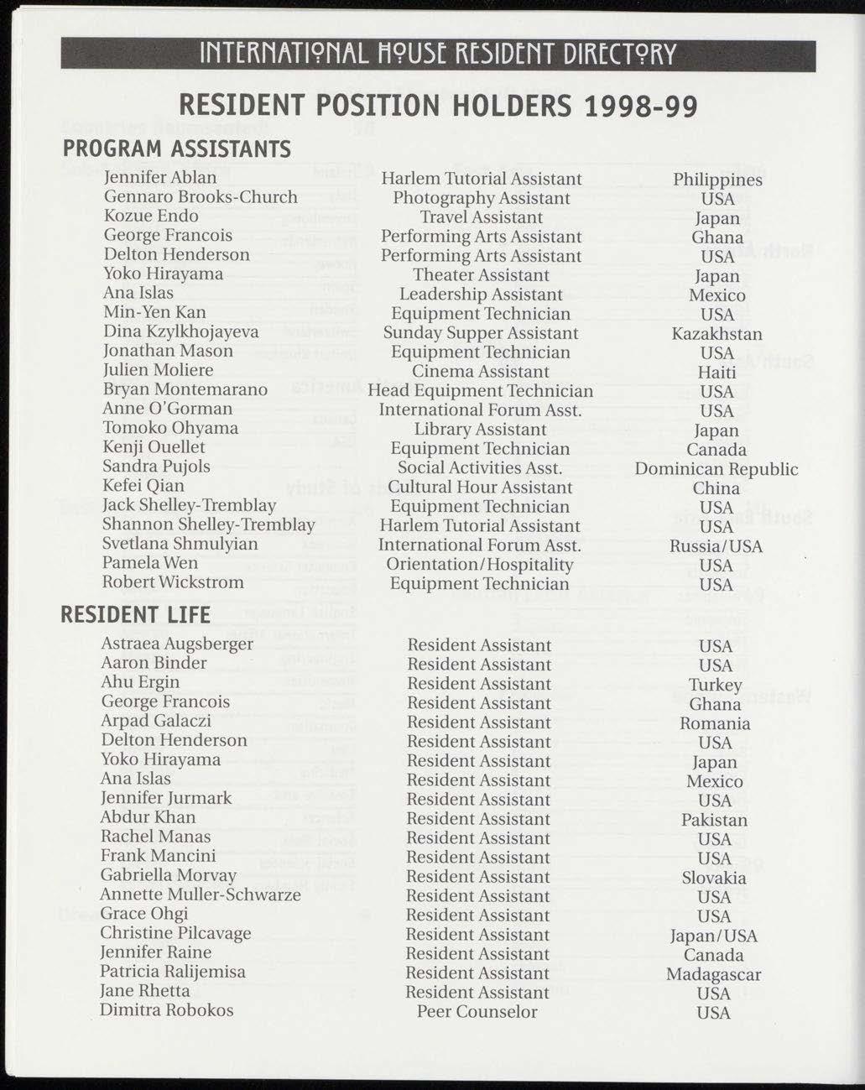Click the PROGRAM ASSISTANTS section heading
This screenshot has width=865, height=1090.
[x=176, y=150]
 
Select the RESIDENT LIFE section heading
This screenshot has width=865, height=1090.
[x=135, y=615]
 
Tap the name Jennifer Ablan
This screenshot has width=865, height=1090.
[x=160, y=178]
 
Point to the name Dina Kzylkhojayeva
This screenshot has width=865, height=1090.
[x=181, y=332]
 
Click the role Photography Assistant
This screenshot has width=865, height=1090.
[x=481, y=199]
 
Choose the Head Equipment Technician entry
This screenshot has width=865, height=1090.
[x=480, y=391]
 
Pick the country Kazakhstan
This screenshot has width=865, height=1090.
[x=716, y=334]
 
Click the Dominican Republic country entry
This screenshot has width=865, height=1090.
[x=716, y=469]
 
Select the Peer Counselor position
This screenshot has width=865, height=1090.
[x=477, y=1012]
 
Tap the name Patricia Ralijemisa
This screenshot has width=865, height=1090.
[x=173, y=973]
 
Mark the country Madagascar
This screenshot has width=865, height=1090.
[x=713, y=974]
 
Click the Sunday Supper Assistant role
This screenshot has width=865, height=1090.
[x=480, y=333]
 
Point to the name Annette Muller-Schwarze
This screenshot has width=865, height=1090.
[x=201, y=895]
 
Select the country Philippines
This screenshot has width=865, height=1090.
[x=717, y=180]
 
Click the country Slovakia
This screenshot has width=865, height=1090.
[x=714, y=878]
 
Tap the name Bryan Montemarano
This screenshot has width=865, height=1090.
[x=185, y=390]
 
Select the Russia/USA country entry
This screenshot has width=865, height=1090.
[x=716, y=547]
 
